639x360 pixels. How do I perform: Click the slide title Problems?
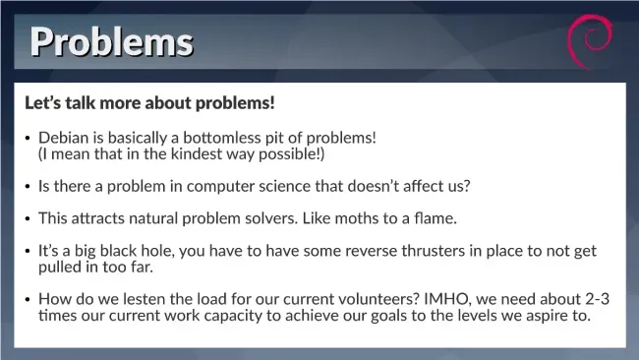(112, 42)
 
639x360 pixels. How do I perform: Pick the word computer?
(220, 186)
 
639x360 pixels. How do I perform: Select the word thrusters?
(434, 251)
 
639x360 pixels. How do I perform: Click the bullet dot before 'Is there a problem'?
(28, 187)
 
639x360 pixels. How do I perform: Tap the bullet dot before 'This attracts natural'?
(28, 219)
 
